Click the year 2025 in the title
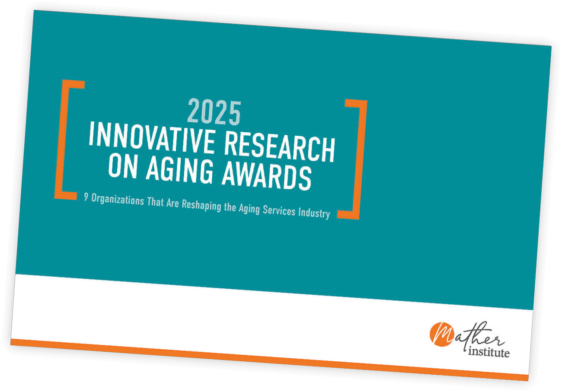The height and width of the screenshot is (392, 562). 214,112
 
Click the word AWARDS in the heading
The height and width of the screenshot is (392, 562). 267,176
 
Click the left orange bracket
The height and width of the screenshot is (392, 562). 67,140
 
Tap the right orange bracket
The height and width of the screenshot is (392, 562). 354,159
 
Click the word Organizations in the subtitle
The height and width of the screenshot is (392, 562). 118,199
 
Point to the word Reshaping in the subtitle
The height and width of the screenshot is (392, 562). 201,205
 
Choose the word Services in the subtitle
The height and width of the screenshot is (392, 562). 279,210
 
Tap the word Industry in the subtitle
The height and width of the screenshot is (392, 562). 314,213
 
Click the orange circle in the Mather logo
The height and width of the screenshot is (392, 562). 441,335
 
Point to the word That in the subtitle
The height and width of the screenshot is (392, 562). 155,202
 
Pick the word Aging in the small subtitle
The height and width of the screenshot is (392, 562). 249,209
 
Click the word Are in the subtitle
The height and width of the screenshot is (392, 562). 172,203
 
